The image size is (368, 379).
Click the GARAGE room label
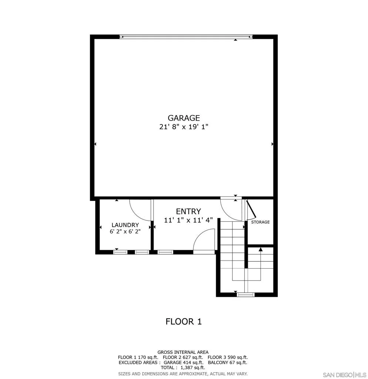click(184, 118)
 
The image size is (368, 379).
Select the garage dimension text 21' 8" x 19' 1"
click(184, 127)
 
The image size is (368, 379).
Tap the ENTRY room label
click(188, 211)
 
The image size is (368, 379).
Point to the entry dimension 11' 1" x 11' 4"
click(188, 220)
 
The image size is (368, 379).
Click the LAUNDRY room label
click(125, 225)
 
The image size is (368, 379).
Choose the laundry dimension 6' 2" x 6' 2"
click(125, 232)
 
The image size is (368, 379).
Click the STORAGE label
click(260, 222)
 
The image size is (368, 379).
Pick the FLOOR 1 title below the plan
click(184, 322)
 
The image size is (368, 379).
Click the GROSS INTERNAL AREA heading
click(183, 352)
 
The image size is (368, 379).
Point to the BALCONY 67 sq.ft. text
click(227, 363)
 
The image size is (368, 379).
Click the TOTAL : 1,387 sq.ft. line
click(183, 368)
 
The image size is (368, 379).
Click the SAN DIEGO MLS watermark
click(343, 374)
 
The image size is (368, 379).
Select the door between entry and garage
click(231, 209)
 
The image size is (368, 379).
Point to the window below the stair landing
click(246, 295)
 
